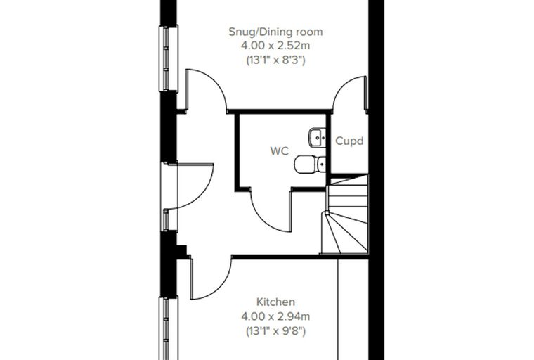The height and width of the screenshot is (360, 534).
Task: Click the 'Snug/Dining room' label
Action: point(275,32)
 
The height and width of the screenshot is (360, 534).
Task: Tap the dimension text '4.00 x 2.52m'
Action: point(275,45)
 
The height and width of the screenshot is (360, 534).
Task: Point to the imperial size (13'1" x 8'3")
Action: point(275,60)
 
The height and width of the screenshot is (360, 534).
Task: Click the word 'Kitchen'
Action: point(275,302)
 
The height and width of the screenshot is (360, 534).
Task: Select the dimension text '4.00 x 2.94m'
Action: point(275,316)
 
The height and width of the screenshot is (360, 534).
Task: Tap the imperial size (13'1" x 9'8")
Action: point(275,331)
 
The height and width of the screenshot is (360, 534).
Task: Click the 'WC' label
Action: point(279,150)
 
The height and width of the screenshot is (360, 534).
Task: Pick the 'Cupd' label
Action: point(349,141)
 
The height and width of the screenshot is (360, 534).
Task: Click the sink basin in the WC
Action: point(318,137)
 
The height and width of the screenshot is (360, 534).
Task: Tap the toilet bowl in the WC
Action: point(305,165)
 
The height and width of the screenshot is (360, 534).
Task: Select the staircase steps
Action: point(345,214)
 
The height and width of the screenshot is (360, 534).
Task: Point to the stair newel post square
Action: point(327,213)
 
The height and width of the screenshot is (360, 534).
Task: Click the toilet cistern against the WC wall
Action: point(322,165)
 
